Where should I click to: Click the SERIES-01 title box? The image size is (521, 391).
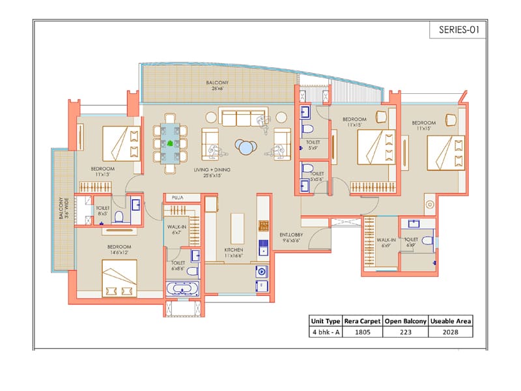pos(458,30)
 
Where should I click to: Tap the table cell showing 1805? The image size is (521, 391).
pos(362,332)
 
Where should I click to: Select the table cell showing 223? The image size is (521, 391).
pos(405,332)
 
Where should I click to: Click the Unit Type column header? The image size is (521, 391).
pos(326,321)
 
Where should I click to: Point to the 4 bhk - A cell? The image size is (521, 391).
pos(326,332)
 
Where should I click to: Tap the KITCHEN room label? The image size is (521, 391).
pos(234,252)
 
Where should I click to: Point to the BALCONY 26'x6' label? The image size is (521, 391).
pos(217,86)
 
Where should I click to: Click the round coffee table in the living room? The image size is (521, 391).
pos(246,149)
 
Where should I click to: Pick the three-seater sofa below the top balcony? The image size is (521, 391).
pos(237,118)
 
